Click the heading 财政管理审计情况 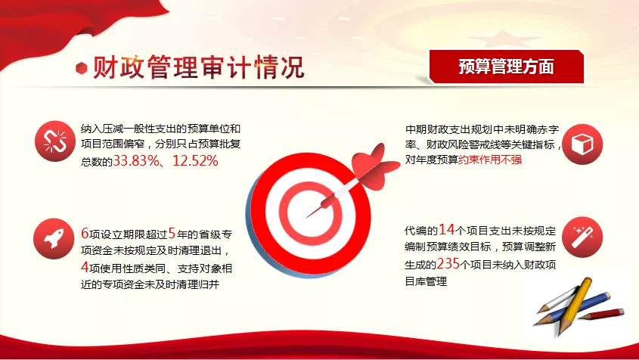[199, 67]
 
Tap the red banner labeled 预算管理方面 [507, 67]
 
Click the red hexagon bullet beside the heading [82, 68]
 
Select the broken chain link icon [55, 141]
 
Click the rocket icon [54, 239]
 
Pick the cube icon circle [582, 144]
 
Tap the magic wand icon [582, 237]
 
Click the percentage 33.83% [136, 160]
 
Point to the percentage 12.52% [195, 160]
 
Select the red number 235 [448, 264]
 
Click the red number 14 [446, 230]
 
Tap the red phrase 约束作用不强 [490, 160]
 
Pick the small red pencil [601, 314]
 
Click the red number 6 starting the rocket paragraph [85, 234]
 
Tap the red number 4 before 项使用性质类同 [85, 268]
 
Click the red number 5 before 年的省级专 [172, 234]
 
